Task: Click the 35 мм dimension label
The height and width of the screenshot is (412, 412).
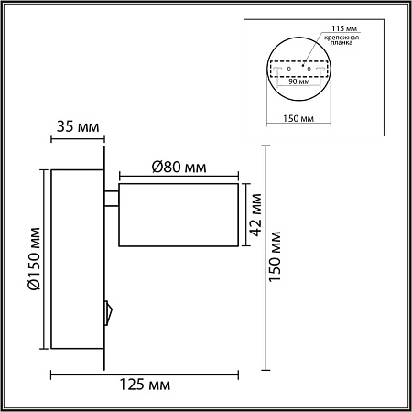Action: (x=78, y=126)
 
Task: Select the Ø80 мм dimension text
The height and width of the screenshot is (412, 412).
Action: (x=179, y=168)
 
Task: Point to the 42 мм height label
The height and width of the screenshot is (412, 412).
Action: (x=256, y=215)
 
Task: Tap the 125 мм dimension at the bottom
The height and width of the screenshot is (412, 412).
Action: (x=145, y=385)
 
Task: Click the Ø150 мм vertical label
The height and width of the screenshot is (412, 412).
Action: (x=34, y=259)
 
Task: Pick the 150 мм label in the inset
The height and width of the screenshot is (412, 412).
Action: (x=298, y=118)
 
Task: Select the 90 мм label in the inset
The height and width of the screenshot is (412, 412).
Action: (x=299, y=81)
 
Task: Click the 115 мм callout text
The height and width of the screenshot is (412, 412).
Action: (x=344, y=28)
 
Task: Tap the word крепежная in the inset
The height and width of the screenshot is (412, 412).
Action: (x=342, y=38)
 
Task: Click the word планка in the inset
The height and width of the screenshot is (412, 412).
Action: (x=342, y=43)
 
